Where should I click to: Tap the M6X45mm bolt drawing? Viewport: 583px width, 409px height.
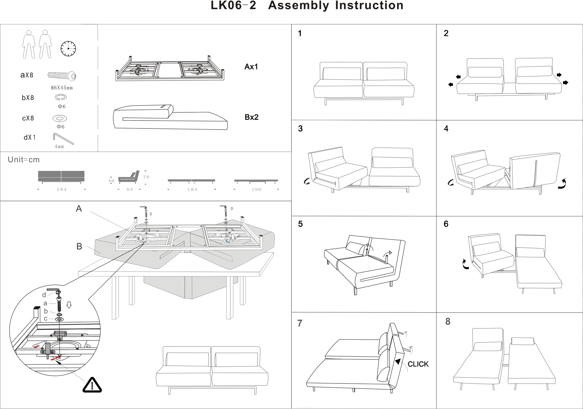(x=62, y=75)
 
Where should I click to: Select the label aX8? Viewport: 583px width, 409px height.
(x=27, y=75)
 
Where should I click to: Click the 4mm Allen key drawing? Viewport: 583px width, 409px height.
(x=63, y=139)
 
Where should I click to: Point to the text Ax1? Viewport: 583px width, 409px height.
(x=251, y=67)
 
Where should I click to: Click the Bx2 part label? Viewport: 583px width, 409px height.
(x=251, y=117)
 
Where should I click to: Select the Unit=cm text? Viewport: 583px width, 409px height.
(x=24, y=160)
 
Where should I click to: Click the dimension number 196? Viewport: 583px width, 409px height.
(x=256, y=189)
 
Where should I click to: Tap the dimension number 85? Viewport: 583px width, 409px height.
(x=130, y=189)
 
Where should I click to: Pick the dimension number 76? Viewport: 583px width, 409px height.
(x=146, y=177)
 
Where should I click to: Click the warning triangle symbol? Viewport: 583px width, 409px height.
(x=92, y=385)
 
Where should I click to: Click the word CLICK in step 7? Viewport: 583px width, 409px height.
(x=418, y=364)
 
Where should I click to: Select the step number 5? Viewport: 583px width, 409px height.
(x=300, y=224)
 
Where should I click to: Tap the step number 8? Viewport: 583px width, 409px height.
(x=448, y=321)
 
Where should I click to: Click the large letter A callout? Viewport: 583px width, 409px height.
(x=79, y=209)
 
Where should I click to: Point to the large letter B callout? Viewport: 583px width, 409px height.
(x=79, y=246)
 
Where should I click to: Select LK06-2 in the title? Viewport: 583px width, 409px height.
(x=233, y=5)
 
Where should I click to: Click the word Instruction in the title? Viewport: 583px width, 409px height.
(x=369, y=5)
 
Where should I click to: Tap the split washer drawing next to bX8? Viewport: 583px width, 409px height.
(x=61, y=97)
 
